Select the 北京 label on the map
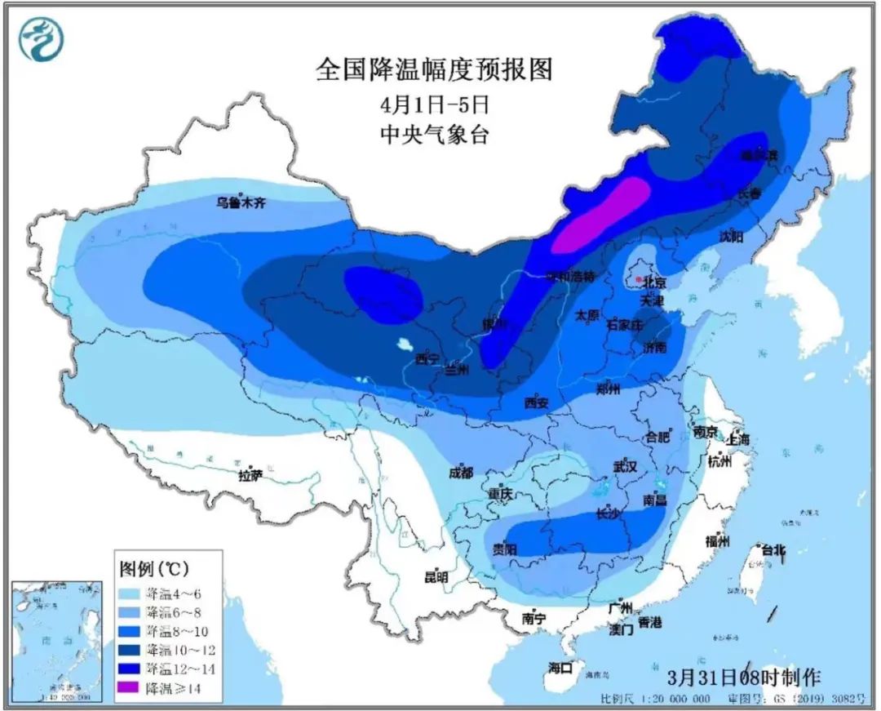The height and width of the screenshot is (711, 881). [x=655, y=282]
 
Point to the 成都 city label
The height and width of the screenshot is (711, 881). [x=461, y=473]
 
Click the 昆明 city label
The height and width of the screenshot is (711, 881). [x=436, y=576]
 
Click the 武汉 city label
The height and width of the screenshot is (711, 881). [x=624, y=466]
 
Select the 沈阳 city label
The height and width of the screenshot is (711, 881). [x=732, y=236]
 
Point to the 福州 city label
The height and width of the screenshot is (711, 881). [x=717, y=541]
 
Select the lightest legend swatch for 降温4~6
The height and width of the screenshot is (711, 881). [x=130, y=592]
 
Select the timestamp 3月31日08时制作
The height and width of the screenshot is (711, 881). [x=744, y=676]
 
